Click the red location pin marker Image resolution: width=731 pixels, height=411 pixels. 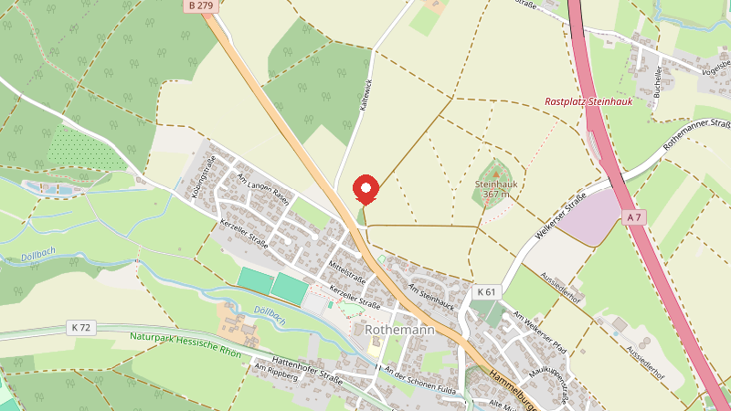point(366,188)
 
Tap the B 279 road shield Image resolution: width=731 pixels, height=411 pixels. point(202,5)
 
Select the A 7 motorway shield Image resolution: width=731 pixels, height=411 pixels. point(635,216)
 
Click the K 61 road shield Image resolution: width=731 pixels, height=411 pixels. point(486,292)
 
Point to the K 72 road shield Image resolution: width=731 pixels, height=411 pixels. point(80,326)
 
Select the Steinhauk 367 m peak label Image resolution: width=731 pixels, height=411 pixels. point(496,188)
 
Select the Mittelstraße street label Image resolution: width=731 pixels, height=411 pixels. point(347,271)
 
